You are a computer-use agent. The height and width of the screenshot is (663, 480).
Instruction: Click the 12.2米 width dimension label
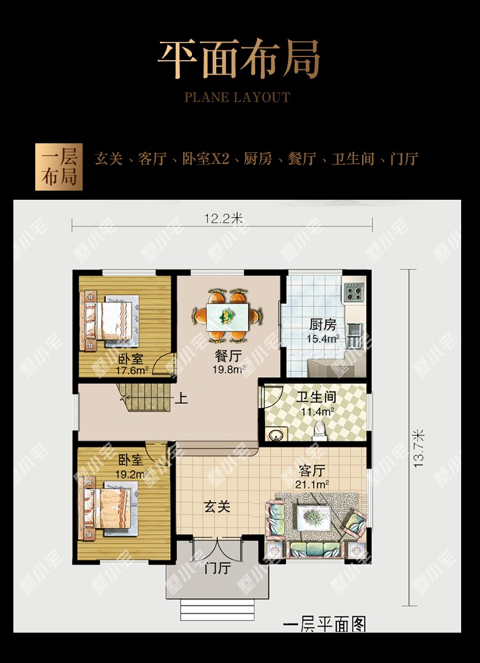pyautogui.click(x=224, y=219)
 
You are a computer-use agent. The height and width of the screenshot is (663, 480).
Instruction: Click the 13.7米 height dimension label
pyautogui.click(x=419, y=449)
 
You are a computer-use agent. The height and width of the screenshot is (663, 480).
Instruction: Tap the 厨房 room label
pyautogui.click(x=323, y=325)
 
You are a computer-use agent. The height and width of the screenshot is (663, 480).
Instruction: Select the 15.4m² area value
pyautogui.click(x=323, y=339)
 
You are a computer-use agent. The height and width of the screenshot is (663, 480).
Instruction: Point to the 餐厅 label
pyautogui.click(x=228, y=356)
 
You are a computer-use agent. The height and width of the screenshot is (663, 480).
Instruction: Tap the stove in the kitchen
pyautogui.click(x=354, y=292)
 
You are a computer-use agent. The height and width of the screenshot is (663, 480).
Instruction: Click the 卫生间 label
pyautogui.click(x=316, y=397)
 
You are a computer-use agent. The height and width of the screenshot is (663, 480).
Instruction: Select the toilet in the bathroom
pyautogui.click(x=320, y=431)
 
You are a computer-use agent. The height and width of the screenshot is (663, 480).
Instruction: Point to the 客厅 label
pyautogui.click(x=312, y=471)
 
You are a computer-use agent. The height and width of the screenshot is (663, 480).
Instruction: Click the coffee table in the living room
pyautogui.click(x=314, y=518)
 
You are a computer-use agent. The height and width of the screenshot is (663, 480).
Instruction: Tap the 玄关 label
pyautogui.click(x=217, y=506)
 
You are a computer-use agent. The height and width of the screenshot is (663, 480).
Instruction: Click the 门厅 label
pyautogui.click(x=217, y=568)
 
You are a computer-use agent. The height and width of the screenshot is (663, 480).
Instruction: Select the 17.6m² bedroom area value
pyautogui.click(x=132, y=371)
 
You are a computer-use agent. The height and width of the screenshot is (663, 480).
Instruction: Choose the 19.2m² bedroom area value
pyautogui.click(x=132, y=474)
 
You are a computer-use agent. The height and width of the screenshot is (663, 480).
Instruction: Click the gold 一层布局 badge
pyautogui.click(x=59, y=167)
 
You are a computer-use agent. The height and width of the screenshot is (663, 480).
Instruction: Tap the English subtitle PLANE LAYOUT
pyautogui.click(x=238, y=97)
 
